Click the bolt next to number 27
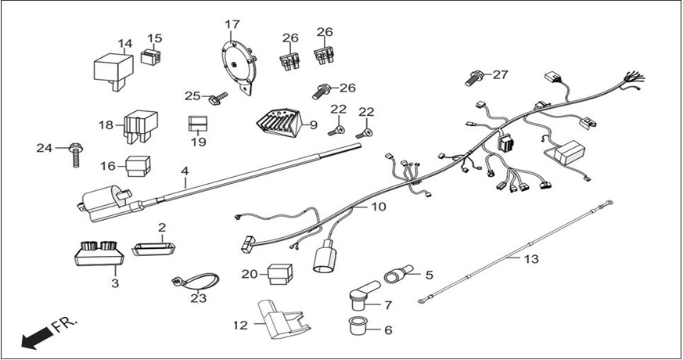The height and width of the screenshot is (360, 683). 474,77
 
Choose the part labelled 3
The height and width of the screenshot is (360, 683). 99,254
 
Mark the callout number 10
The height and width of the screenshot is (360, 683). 378,207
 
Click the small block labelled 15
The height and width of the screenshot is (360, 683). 152,57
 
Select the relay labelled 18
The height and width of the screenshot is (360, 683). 138,124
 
